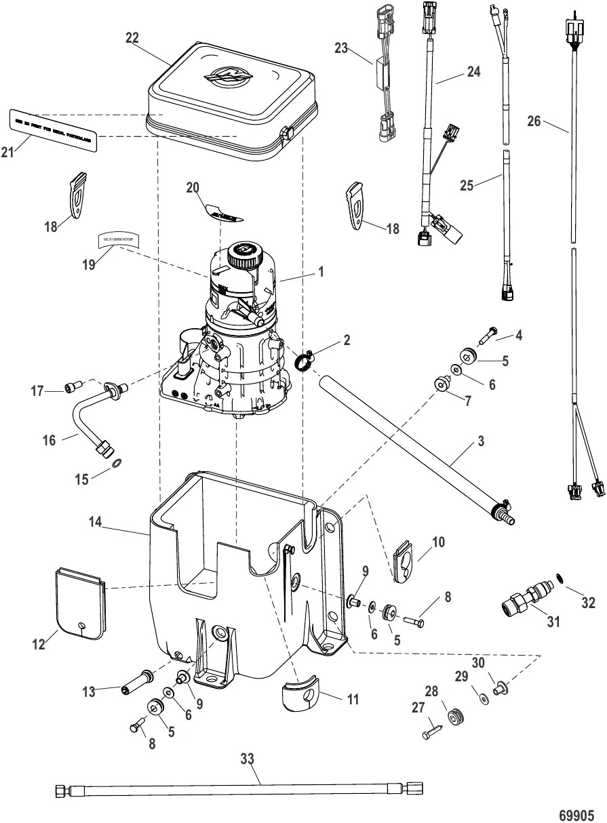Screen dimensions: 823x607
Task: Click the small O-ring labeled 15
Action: pos(115,462)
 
